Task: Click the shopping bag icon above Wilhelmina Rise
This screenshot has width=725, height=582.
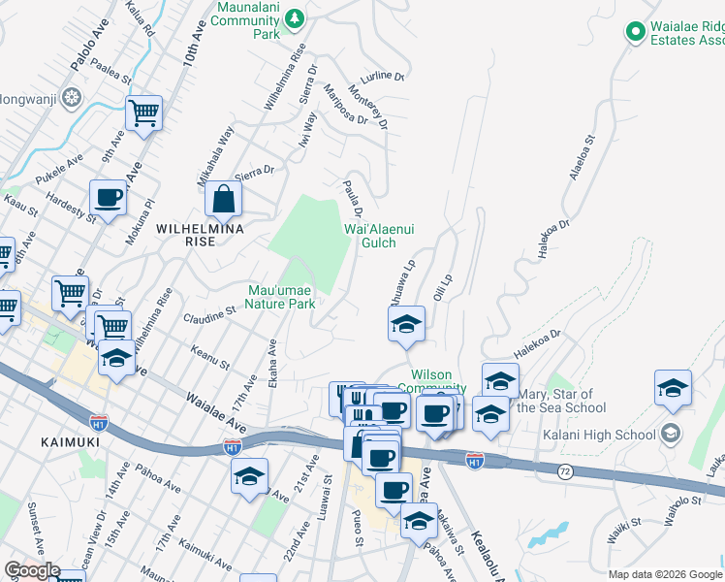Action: click(x=223, y=199)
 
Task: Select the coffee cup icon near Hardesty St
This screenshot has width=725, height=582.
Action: click(x=108, y=197)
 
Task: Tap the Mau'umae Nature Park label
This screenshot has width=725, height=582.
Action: click(x=281, y=296)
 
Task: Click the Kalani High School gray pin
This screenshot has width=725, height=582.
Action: click(x=670, y=435)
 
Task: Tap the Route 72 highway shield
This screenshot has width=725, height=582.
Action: click(x=564, y=470)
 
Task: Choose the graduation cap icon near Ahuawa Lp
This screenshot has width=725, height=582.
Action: click(x=406, y=324)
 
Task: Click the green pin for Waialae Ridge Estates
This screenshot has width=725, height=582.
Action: click(x=636, y=32)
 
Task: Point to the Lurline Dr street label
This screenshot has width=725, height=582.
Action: click(x=380, y=76)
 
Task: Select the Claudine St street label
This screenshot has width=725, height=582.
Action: click(x=210, y=316)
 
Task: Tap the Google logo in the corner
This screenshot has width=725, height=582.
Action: click(x=31, y=570)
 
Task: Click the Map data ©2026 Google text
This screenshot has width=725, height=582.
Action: click(x=665, y=574)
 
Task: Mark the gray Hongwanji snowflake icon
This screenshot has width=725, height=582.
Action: click(x=71, y=97)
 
